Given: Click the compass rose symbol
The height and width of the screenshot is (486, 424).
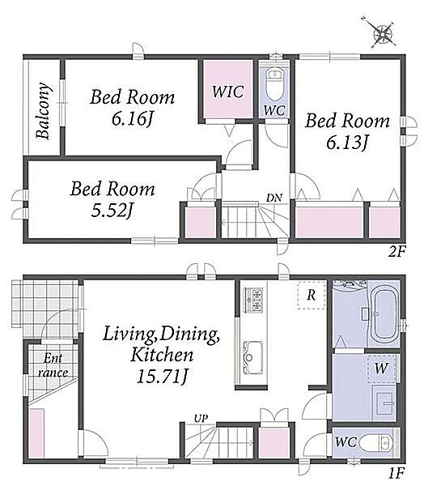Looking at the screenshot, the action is (x=382, y=33).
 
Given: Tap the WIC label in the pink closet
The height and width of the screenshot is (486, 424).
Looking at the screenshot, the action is (x=228, y=92).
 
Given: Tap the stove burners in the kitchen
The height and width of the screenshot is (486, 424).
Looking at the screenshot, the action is (x=253, y=299).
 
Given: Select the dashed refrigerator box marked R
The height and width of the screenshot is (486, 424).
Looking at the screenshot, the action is (x=312, y=296).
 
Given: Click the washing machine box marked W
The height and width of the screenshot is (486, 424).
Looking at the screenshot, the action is (x=382, y=369).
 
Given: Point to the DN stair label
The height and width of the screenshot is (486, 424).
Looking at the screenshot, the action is (x=274, y=198).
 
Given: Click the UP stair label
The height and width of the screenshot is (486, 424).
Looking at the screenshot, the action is (x=201, y=419).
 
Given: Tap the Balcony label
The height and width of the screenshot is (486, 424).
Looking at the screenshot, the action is (x=43, y=110).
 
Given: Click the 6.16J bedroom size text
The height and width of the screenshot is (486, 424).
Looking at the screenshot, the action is (x=133, y=119).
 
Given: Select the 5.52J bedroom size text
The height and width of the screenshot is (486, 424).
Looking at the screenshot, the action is (x=112, y=211).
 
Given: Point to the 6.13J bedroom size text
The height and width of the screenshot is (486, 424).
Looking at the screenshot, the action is (x=347, y=143).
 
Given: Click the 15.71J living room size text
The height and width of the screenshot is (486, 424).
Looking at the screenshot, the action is (x=162, y=377).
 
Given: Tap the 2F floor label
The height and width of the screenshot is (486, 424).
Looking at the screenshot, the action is (x=396, y=251).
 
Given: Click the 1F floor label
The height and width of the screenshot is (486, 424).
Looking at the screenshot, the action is (x=396, y=473).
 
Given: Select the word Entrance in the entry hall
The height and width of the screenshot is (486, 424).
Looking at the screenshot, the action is (x=53, y=366).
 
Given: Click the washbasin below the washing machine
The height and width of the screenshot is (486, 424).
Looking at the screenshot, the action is (x=385, y=403).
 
